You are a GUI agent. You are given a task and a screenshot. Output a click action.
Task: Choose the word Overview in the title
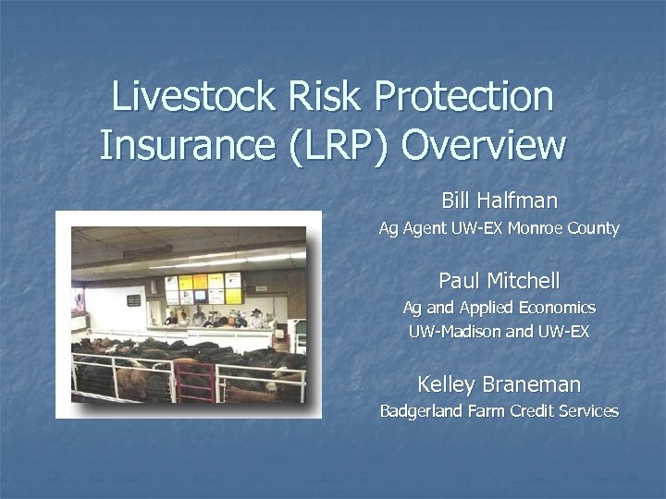click(x=487, y=145)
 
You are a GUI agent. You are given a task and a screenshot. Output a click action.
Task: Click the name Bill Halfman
click(x=499, y=200)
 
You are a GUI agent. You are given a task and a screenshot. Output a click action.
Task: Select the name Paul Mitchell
click(x=499, y=280)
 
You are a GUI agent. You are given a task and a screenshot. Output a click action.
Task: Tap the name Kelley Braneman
click(x=499, y=383)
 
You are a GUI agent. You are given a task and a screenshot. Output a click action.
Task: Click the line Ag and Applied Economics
click(x=499, y=308)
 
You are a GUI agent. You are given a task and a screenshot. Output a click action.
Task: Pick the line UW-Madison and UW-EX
click(x=499, y=330)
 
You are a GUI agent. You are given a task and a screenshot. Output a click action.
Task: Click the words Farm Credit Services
click(x=547, y=411)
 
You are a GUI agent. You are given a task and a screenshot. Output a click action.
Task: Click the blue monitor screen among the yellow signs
click(x=200, y=297)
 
